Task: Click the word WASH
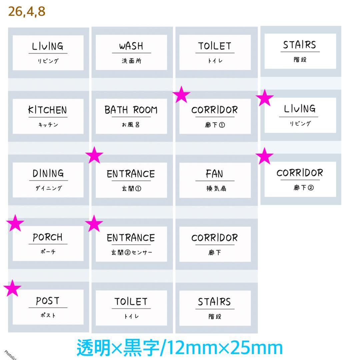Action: coord(131,46)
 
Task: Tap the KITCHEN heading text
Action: coord(48,110)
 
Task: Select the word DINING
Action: coord(48,173)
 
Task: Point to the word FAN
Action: coord(214,174)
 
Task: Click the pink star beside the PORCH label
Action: coord(15,223)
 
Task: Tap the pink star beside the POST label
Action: coord(12,288)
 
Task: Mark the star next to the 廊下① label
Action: coord(181,94)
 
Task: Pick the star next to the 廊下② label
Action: coord(264,156)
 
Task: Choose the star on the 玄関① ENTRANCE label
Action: coord(94,155)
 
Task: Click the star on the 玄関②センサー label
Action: coord(94,223)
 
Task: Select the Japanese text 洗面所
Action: coord(132,61)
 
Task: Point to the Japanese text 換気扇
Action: coord(216,188)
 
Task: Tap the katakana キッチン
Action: coord(48,125)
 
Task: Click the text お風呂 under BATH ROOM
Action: coord(131,125)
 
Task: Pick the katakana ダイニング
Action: coord(49,188)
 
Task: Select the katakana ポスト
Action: coord(48,315)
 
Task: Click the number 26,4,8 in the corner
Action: coord(27,11)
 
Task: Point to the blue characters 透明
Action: coord(94,348)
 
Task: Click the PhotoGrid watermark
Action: coord(10,355)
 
